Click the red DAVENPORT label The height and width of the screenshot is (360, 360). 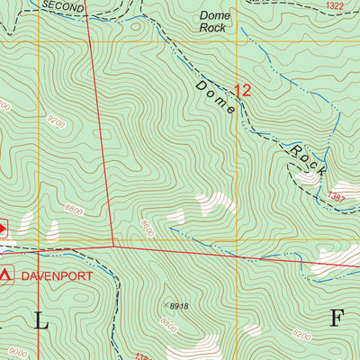[58, 276]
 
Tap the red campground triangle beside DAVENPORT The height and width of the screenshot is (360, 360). [8, 274]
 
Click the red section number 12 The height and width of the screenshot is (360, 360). [242, 90]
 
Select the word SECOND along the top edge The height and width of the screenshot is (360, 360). [62, 6]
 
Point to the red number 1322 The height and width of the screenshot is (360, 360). [336, 6]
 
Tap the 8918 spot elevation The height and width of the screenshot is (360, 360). [177, 307]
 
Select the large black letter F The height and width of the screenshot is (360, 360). [337, 318]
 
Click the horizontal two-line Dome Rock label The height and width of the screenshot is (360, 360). [214, 22]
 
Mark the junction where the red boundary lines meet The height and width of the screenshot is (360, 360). [113, 245]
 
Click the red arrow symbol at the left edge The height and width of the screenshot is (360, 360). [3, 229]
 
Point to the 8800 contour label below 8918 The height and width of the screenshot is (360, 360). [167, 321]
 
